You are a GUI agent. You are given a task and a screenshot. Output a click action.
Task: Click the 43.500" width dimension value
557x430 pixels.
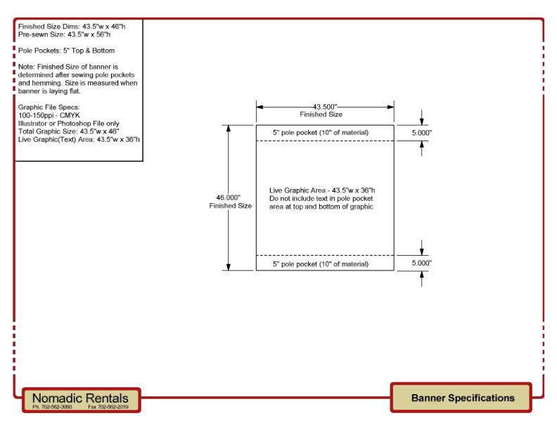pyautogui.click(x=325, y=106)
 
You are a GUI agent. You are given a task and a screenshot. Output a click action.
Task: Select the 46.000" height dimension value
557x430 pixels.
pyautogui.click(x=230, y=197)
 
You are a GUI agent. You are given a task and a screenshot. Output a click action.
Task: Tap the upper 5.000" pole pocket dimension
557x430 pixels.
pyautogui.click(x=421, y=133)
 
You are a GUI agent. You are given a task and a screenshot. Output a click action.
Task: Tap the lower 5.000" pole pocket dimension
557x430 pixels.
pyautogui.click(x=421, y=263)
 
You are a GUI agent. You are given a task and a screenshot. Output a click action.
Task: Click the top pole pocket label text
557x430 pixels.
pyautogui.click(x=320, y=133)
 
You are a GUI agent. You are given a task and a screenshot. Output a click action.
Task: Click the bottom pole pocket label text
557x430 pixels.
pyautogui.click(x=320, y=264)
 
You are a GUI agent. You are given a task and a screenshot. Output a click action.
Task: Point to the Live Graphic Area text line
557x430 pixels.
pyautogui.click(x=322, y=190)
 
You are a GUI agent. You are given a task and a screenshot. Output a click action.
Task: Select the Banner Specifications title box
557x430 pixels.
pyautogui.click(x=462, y=398)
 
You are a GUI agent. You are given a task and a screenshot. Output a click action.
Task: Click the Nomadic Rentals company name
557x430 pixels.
pyautogui.click(x=81, y=397)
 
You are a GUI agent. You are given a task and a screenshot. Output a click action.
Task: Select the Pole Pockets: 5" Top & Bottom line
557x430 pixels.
pyautogui.click(x=66, y=51)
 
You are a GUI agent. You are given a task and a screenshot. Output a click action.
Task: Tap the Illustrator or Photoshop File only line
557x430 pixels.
pyautogui.click(x=68, y=123)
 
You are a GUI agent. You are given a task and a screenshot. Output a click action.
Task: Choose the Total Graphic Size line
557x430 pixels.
pyautogui.click(x=68, y=131)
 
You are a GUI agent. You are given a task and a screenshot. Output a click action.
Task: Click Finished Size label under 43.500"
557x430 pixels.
pyautogui.click(x=321, y=115)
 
